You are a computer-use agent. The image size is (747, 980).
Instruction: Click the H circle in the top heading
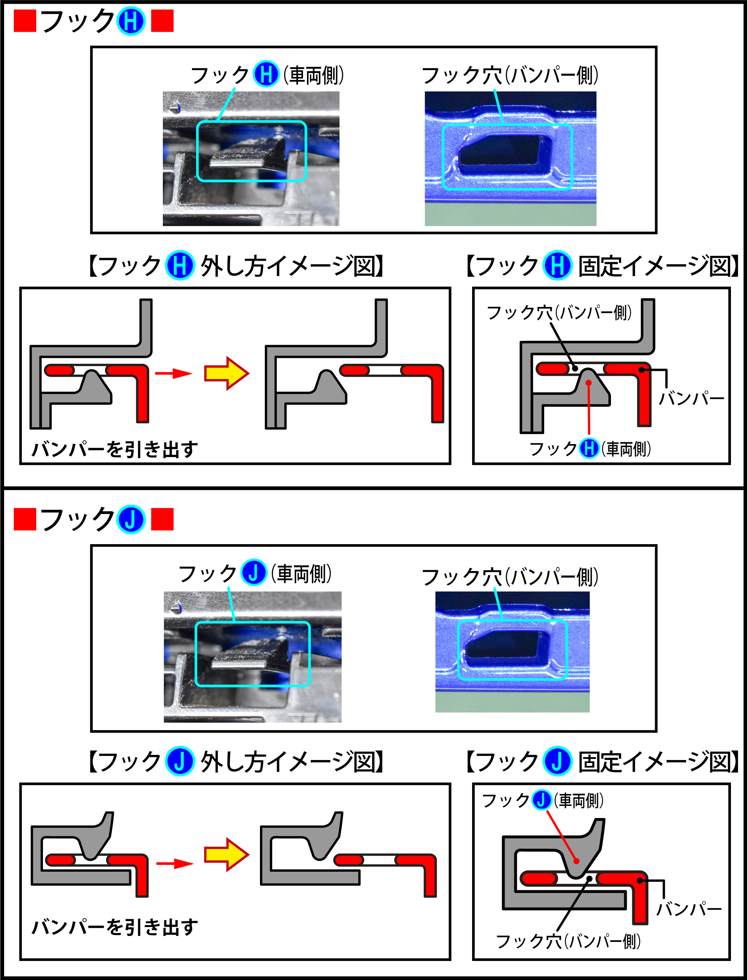coord(131,21)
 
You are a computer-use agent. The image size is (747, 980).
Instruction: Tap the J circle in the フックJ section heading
coord(131,520)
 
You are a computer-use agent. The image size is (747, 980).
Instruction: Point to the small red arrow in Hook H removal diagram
coord(173,373)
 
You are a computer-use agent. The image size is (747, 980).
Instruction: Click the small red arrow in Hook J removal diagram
coord(175,863)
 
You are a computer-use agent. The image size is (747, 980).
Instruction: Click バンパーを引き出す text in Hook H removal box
coord(115,449)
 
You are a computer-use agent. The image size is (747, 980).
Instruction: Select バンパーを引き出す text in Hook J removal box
coord(115,927)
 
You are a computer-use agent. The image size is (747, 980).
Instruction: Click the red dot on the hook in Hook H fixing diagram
coord(588,382)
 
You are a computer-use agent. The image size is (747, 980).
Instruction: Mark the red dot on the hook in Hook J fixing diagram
coord(576,861)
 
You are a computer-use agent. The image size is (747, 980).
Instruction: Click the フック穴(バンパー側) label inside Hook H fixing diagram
coord(559,313)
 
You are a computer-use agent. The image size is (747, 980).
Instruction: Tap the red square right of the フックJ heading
coord(162,520)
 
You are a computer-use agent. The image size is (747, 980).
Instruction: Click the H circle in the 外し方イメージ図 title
coord(180,266)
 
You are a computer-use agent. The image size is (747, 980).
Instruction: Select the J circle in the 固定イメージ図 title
coord(557,761)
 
